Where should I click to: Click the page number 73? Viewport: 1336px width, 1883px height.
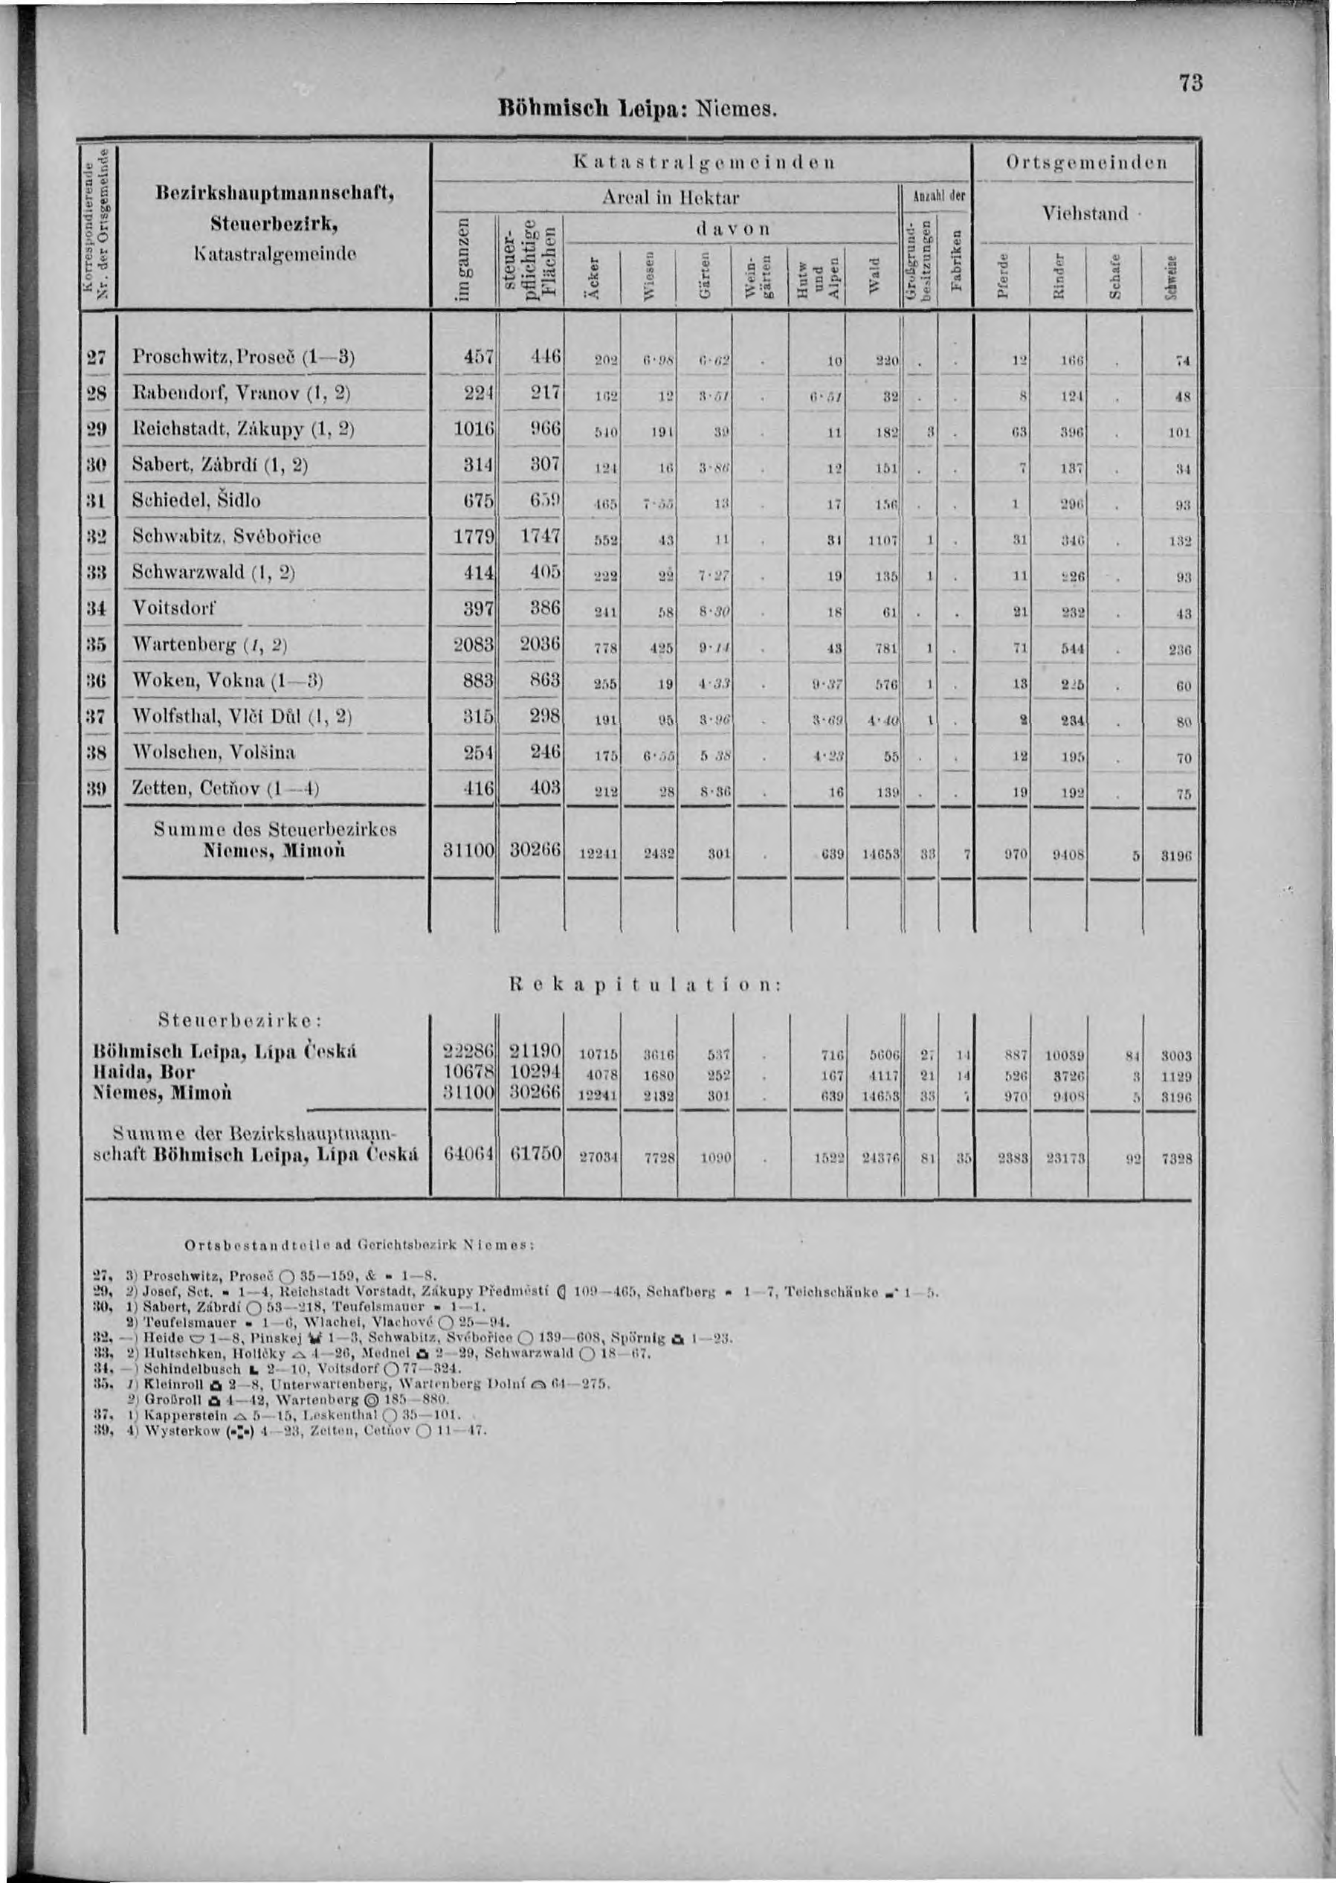(x=1190, y=84)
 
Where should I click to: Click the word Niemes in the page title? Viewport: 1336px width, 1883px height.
(x=734, y=109)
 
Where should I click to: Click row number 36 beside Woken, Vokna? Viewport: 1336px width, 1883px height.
(x=99, y=681)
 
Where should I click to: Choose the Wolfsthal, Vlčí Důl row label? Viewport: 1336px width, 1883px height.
(x=242, y=717)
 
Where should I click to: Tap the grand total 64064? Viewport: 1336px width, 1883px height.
(x=465, y=1155)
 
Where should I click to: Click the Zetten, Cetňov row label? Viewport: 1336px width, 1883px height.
(x=225, y=788)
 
